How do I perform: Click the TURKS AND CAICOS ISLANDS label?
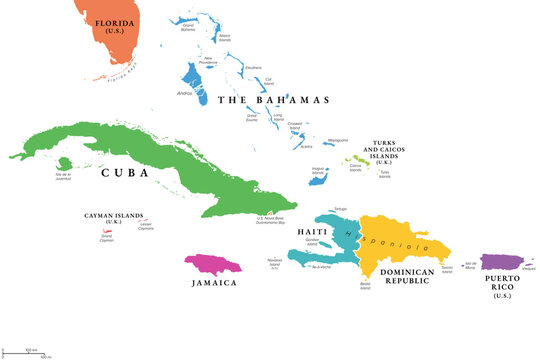tap(400, 149)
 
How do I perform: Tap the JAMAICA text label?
tap(215, 283)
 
